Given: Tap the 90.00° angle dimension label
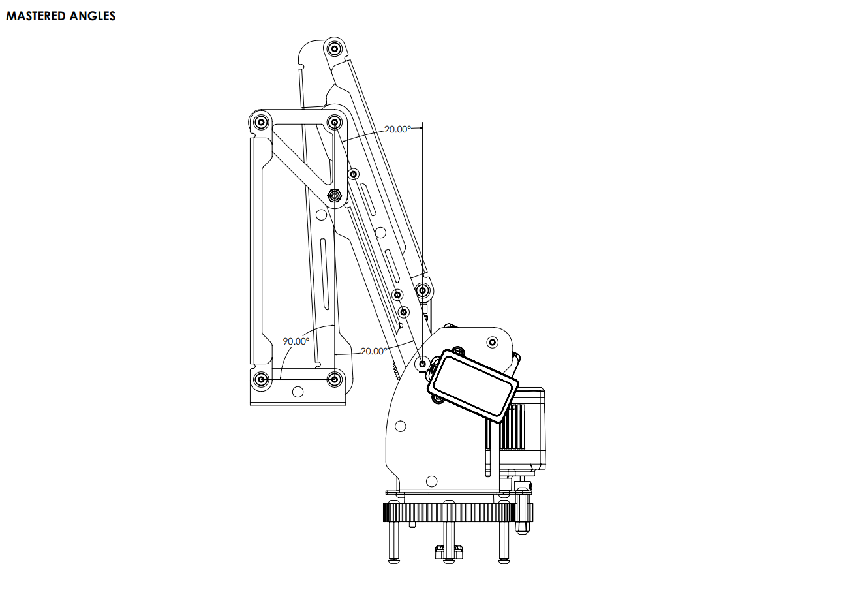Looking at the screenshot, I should coord(296,341).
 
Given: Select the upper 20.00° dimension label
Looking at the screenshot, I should coord(397,129).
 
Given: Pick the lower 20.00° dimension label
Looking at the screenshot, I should coord(373,351).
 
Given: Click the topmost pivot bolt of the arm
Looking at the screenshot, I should coord(335,48).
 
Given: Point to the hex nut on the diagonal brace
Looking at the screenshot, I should coord(335,195).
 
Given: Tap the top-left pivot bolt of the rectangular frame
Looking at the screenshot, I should coord(262,122).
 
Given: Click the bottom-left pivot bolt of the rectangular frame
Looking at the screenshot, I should coord(262,379).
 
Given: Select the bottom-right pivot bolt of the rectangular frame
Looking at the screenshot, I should coord(335,379).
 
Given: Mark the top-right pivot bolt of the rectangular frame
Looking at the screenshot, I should coord(335,122).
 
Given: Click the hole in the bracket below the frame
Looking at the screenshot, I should coord(298,392).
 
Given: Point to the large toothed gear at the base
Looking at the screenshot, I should coord(457,512).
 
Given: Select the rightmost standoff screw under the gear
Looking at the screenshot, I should coord(504,542).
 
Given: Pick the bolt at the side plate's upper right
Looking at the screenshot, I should coord(494,341).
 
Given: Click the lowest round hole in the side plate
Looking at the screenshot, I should coord(431,482).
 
